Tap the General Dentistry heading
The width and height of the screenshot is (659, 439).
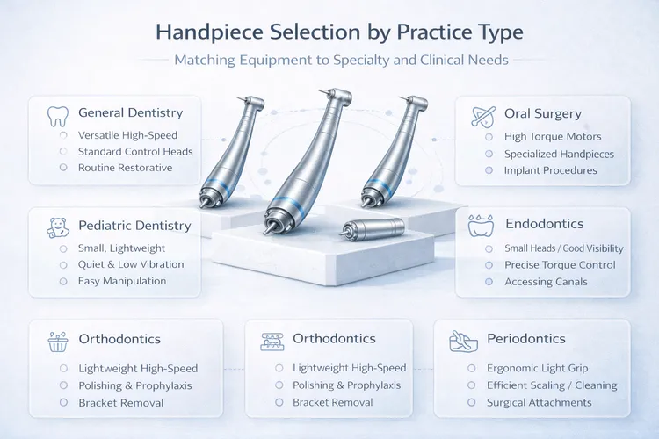(130, 112)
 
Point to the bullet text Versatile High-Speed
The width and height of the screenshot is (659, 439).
(127, 134)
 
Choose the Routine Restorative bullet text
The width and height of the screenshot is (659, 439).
(125, 167)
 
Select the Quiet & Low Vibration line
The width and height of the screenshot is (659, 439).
(131, 264)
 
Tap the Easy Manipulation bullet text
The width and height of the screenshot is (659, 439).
(122, 281)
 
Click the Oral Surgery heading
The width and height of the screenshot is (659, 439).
(543, 114)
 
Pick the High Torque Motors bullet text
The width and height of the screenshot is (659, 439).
(553, 137)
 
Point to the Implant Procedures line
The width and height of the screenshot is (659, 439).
(550, 170)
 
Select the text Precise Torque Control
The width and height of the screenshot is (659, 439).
(560, 265)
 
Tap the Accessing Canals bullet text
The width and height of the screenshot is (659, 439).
(547, 282)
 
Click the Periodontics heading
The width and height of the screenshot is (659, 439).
(525, 338)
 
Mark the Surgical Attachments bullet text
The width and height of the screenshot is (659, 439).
(539, 402)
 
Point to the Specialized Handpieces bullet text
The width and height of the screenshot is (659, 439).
(559, 154)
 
